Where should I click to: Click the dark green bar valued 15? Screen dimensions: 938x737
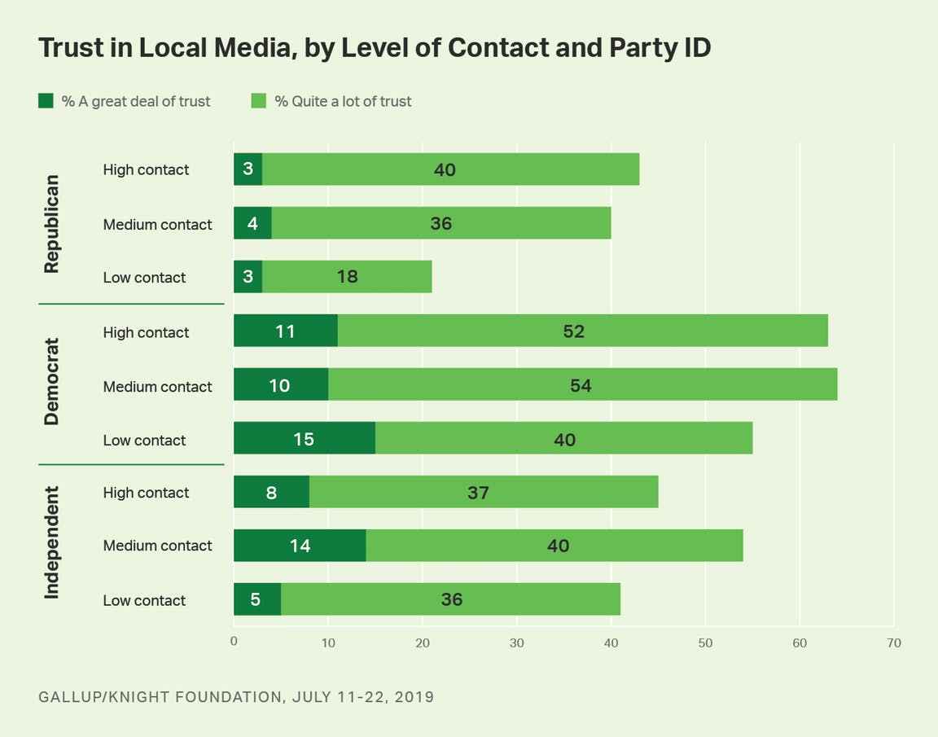[305, 438]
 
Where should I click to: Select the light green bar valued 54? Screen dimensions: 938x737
[583, 384]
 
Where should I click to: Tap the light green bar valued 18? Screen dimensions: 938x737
[347, 276]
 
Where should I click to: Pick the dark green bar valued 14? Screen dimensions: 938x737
[300, 545]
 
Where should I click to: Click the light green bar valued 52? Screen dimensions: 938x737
[583, 330]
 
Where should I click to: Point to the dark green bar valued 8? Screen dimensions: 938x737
[272, 492]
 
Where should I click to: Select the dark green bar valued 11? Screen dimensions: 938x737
[285, 330]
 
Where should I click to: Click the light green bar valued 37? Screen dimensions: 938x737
[484, 492]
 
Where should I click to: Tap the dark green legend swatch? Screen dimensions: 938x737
[46, 100]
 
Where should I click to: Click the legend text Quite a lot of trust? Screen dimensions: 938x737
[351, 102]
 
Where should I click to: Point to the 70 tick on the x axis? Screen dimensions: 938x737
[894, 643]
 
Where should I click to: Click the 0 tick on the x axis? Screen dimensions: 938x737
[234, 641]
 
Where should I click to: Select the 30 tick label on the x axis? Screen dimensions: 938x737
[516, 643]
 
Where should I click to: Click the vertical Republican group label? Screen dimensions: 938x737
[52, 224]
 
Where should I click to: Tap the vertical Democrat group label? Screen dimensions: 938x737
[52, 382]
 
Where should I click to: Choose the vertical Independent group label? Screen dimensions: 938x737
[52, 542]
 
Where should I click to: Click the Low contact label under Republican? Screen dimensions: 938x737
[144, 278]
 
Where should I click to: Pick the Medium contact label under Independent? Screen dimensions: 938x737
[157, 546]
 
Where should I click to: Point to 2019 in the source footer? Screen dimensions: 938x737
[414, 697]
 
